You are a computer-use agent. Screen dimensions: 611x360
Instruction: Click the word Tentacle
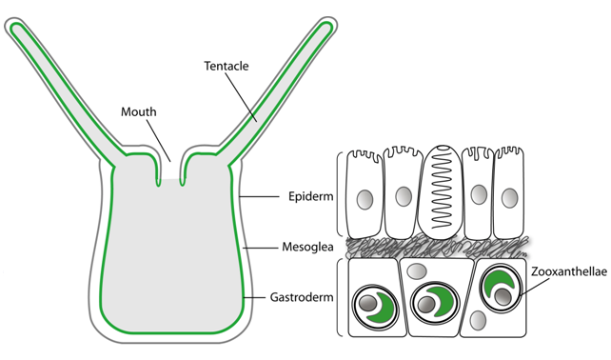[226, 66]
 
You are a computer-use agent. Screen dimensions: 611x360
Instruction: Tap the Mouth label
[138, 112]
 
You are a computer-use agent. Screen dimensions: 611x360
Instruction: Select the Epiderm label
[310, 196]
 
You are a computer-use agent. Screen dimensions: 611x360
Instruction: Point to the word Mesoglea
[307, 247]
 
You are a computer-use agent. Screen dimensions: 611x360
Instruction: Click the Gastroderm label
[302, 297]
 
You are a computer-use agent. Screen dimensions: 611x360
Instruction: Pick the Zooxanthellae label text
[569, 271]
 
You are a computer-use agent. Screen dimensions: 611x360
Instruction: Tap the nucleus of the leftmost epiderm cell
[365, 199]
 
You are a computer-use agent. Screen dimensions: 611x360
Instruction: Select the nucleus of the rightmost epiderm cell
[510, 198]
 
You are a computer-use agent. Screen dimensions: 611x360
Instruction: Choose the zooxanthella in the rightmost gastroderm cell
[501, 288]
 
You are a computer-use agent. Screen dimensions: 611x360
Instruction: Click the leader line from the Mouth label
[159, 140]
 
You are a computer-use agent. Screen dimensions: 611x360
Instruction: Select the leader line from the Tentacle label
[241, 97]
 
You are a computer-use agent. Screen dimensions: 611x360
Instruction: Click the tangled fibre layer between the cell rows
[437, 248]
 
